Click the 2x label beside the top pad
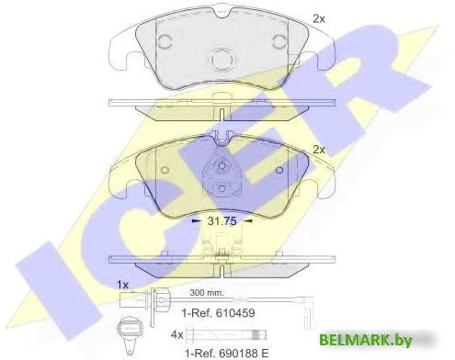tap(318, 19)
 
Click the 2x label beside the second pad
tap(319, 150)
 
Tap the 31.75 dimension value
tap(222, 220)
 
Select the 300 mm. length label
tap(207, 292)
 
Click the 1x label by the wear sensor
tap(122, 285)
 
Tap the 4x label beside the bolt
tap(176, 335)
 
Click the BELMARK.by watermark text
tap(365, 340)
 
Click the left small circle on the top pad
tap(165, 41)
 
